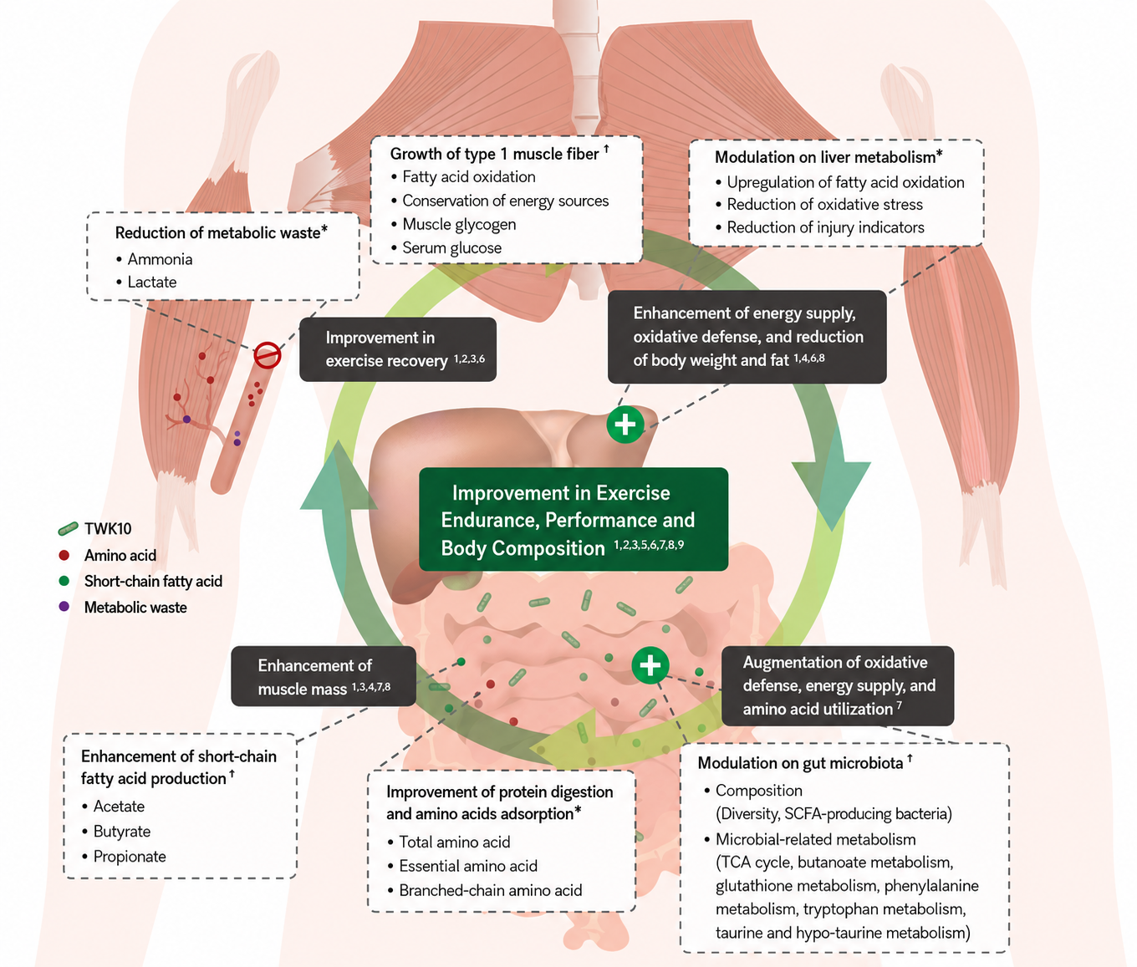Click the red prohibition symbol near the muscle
[x=268, y=354]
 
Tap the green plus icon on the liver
[x=625, y=425]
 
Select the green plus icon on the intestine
[x=650, y=665]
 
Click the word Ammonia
[x=160, y=259]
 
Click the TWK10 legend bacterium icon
[x=69, y=528]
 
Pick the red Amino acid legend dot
[x=64, y=555]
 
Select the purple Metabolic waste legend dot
[x=64, y=607]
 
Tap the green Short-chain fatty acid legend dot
[x=64, y=581]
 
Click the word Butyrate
[x=121, y=831]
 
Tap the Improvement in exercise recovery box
[x=398, y=349]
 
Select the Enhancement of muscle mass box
[x=324, y=676]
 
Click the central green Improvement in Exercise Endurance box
[x=574, y=519]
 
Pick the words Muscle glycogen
[x=459, y=225]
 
